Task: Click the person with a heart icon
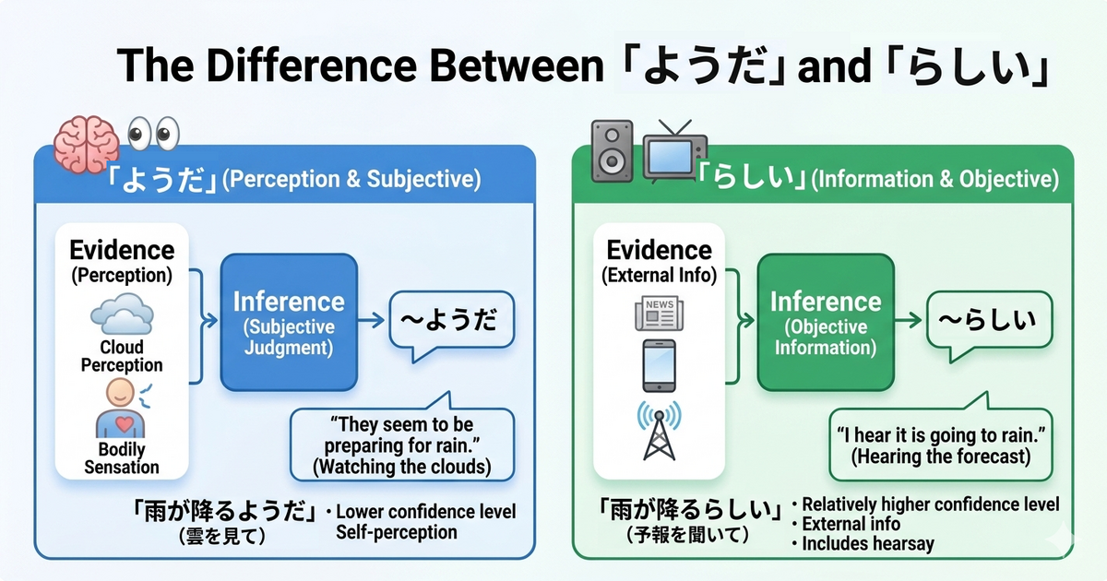point(121,410)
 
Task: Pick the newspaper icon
point(658,314)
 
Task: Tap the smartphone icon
point(658,366)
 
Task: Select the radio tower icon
point(657,431)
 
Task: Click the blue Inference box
point(288,322)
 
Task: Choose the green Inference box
point(826,322)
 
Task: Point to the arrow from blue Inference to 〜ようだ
point(371,321)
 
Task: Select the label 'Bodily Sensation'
point(121,458)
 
